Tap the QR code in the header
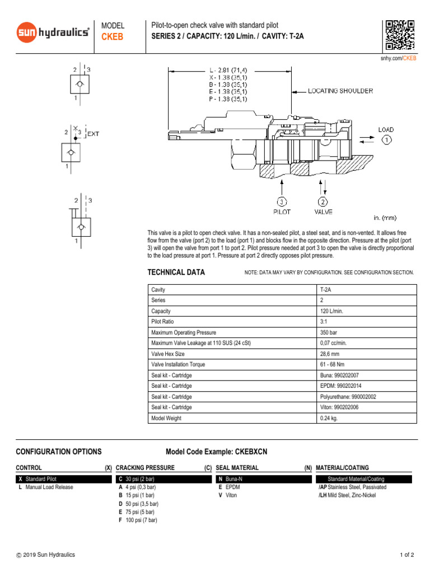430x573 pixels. pos(400,35)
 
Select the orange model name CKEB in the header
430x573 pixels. pos(112,37)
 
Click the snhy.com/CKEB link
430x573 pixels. pos(399,58)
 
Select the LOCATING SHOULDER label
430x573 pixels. pos(340,91)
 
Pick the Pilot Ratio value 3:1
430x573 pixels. pos(325,322)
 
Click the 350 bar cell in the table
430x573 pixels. pos(329,332)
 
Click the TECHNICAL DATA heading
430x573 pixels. pos(176,273)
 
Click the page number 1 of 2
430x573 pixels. pos(406,555)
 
